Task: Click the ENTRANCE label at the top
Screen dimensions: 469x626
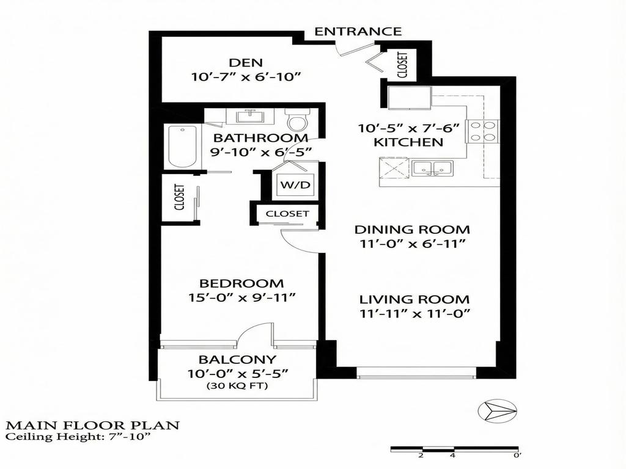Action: [x=358, y=32]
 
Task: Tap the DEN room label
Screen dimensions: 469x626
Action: [x=246, y=62]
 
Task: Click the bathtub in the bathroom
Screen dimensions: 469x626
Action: [x=182, y=147]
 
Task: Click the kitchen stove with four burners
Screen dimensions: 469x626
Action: [x=483, y=131]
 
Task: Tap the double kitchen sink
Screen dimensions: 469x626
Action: [x=432, y=168]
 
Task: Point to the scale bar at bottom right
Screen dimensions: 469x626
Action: [x=456, y=450]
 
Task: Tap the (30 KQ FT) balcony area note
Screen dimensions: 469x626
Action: [x=237, y=386]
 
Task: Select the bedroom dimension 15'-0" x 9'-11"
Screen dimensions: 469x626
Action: [x=242, y=297]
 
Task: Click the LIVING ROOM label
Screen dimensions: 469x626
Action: [x=414, y=300]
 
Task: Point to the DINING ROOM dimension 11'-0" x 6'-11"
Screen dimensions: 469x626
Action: [x=413, y=244]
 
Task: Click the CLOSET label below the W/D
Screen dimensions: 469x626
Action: [x=287, y=214]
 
